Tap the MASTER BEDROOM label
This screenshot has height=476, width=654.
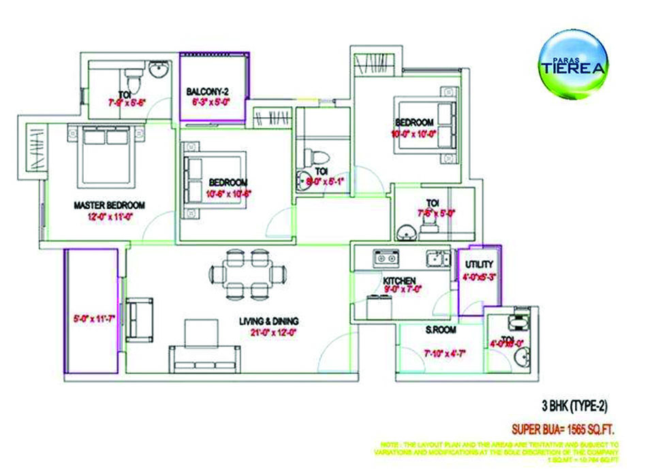click(109, 205)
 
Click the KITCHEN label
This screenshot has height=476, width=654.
click(399, 281)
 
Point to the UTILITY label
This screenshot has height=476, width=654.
click(479, 264)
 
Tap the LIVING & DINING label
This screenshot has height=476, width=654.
click(270, 321)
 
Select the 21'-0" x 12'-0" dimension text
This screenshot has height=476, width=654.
click(270, 332)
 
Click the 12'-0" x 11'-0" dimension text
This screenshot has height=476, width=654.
click(110, 216)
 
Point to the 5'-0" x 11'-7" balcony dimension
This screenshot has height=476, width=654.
click(91, 317)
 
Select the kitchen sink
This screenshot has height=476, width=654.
click(386, 257)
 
